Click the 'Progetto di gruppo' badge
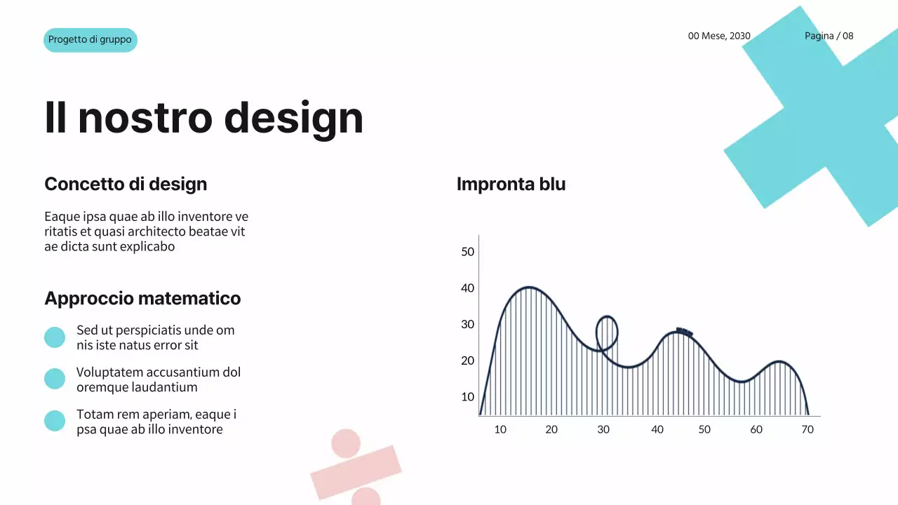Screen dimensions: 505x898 (x=90, y=40)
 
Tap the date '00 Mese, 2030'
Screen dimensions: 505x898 (x=719, y=36)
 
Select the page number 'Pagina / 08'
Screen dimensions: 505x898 (x=829, y=36)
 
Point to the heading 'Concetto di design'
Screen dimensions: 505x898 (x=126, y=184)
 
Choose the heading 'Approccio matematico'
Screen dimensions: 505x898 (x=142, y=299)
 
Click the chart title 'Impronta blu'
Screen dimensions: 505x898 (x=511, y=184)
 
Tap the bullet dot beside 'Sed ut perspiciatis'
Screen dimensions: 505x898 (x=55, y=337)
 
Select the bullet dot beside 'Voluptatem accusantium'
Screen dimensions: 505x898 (x=55, y=379)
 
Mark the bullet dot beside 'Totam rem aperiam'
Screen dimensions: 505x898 (x=55, y=421)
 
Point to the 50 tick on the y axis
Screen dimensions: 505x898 (x=468, y=252)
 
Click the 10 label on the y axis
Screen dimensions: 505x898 (x=468, y=397)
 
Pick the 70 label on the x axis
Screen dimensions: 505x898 (x=807, y=429)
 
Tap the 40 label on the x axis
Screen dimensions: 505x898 (x=657, y=429)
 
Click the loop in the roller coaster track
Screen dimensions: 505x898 (x=607, y=332)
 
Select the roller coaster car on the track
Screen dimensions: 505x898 (x=684, y=332)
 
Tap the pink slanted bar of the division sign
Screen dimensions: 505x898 (x=356, y=472)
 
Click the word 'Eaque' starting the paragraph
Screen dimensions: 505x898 (x=60, y=217)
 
